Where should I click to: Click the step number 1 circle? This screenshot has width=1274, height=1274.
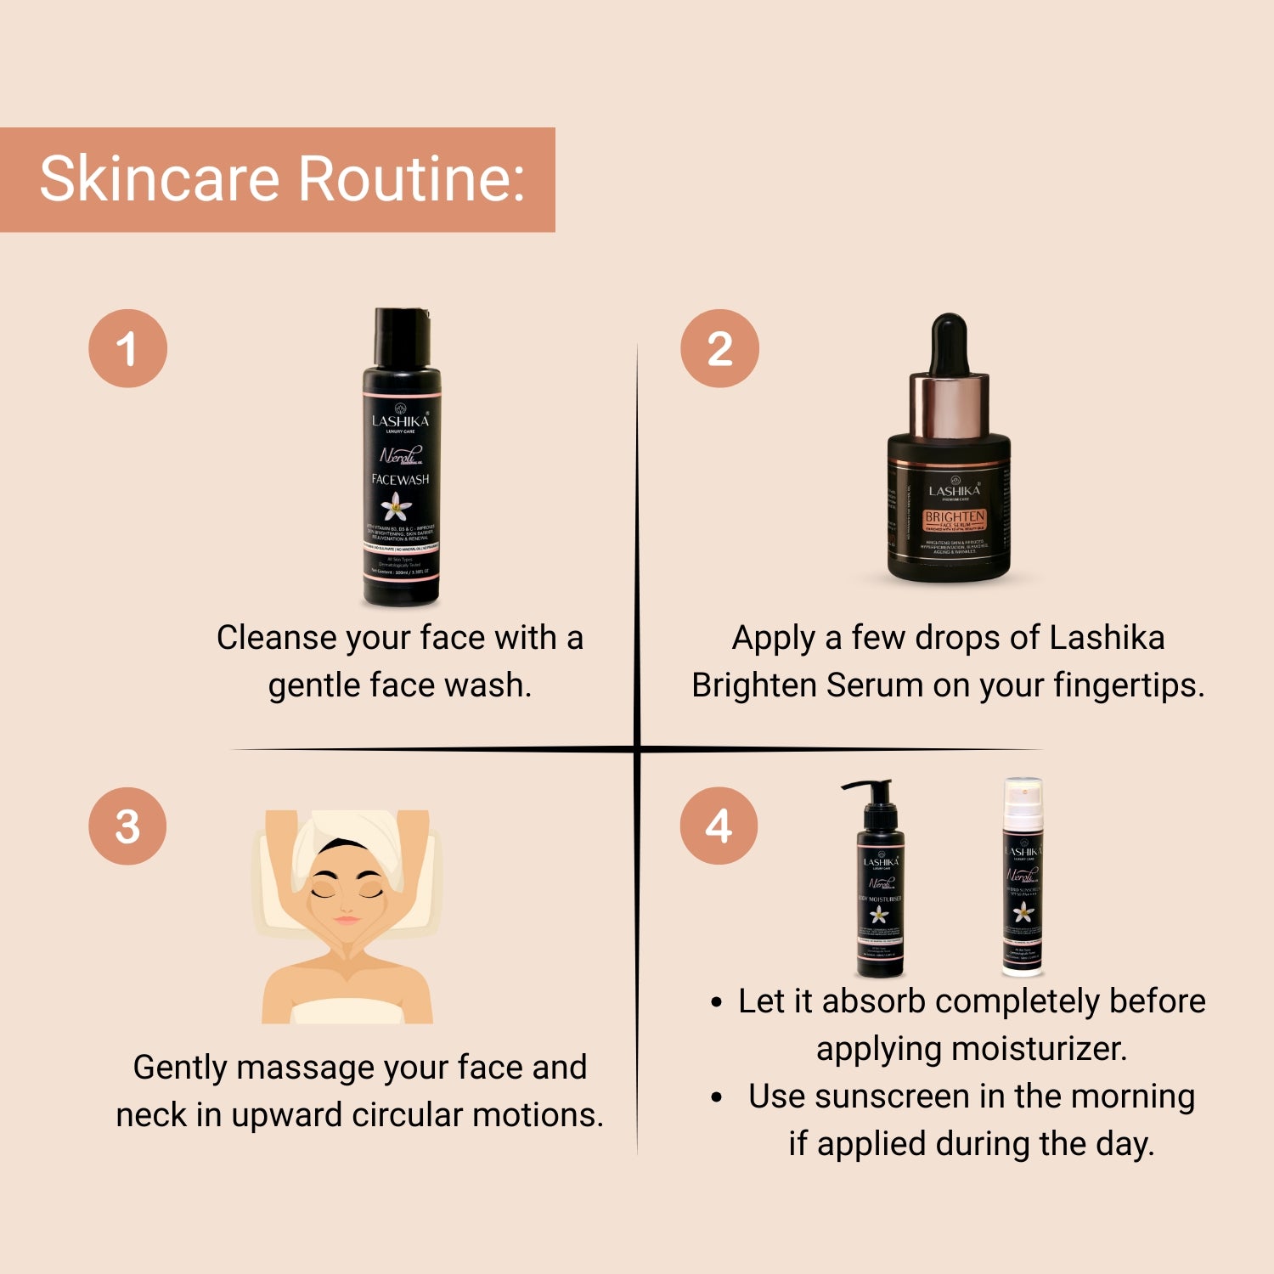127,348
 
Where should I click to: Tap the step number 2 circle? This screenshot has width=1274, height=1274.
719,348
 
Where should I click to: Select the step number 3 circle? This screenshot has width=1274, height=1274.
127,826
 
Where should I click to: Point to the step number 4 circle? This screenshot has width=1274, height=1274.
719,826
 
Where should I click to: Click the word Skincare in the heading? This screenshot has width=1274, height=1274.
160,179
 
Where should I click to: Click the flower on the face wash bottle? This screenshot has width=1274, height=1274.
396,508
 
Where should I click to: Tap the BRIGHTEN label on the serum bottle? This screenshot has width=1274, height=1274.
955,516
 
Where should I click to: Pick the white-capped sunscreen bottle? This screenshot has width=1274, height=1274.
1023,875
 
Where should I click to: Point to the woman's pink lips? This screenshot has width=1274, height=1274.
347,920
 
